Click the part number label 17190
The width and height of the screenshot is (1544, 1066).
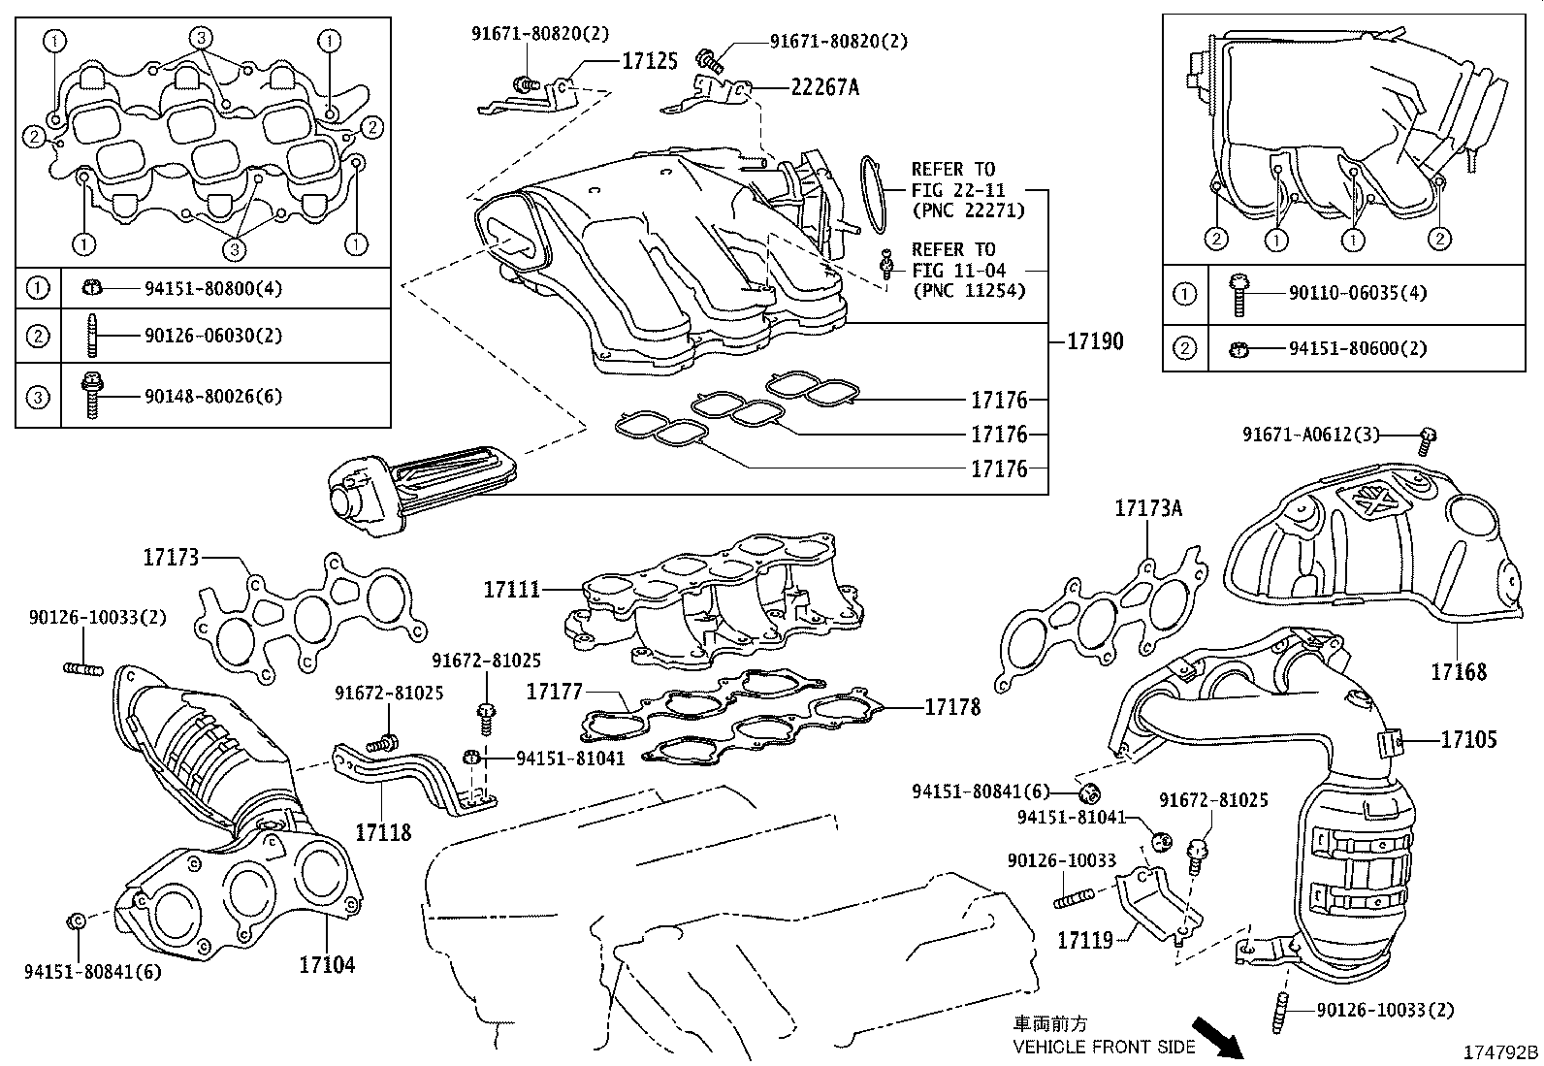(1095, 340)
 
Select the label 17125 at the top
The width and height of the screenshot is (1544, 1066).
(649, 61)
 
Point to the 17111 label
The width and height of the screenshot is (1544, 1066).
(513, 589)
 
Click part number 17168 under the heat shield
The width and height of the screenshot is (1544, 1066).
(1458, 671)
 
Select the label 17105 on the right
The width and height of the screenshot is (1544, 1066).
(1468, 740)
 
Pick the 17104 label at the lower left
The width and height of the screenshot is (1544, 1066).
(327, 964)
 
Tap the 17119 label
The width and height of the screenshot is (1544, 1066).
(1084, 940)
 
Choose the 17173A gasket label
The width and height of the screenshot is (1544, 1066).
(1148, 508)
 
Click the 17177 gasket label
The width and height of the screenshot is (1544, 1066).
(554, 692)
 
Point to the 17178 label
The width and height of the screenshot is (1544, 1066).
(952, 707)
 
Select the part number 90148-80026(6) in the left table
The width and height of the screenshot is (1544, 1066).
(213, 396)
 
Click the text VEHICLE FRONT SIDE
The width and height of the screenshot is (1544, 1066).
(1104, 1047)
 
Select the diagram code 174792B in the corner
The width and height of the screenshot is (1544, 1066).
(1501, 1051)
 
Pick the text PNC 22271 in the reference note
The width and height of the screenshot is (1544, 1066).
(968, 210)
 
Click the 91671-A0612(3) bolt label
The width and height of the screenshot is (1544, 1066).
(1311, 436)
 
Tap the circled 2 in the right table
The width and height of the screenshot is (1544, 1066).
(1185, 348)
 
